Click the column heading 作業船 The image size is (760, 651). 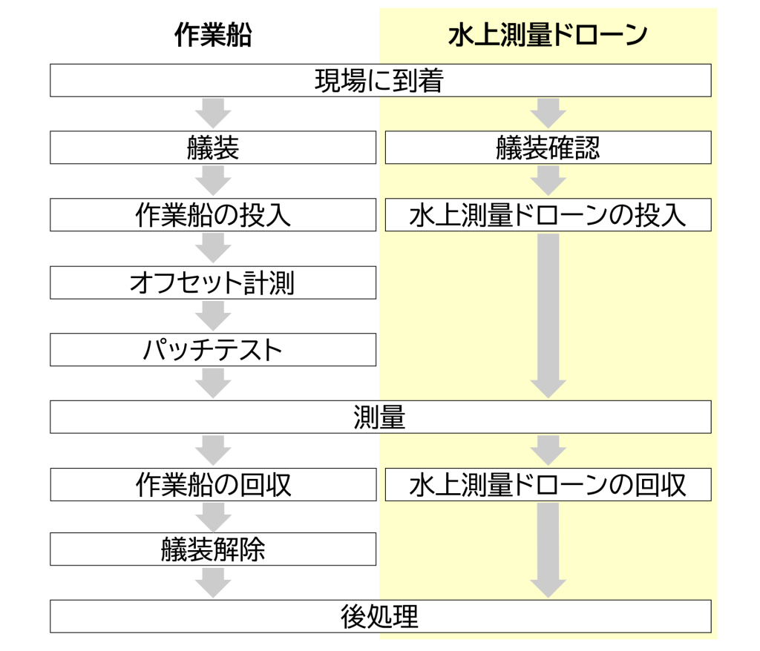pos(213,35)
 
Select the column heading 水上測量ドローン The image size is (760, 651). pos(548,35)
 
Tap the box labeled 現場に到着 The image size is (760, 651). pos(381,80)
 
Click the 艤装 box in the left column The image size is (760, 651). pos(213,148)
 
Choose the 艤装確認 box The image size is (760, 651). pos(548,148)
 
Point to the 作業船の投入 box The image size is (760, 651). pos(213,214)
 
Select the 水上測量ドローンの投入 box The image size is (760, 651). pos(548,214)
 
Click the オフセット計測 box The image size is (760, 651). pos(213,282)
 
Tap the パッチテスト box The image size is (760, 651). pos(213,350)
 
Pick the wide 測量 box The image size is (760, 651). pos(381,417)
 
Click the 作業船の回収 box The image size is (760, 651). pos(213,484)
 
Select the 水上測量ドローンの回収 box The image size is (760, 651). pos(548,484)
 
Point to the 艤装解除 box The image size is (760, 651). pos(213,549)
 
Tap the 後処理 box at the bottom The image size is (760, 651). pos(381,617)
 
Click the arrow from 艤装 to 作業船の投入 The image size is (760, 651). pos(213,181)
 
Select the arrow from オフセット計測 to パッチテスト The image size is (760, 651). pos(213,316)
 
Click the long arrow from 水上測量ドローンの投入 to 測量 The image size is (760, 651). pos(548,316)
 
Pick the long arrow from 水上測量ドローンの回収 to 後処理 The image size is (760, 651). pos(548,550)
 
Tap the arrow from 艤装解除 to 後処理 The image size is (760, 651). pos(213,583)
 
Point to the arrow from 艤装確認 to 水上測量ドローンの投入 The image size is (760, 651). pos(548,181)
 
